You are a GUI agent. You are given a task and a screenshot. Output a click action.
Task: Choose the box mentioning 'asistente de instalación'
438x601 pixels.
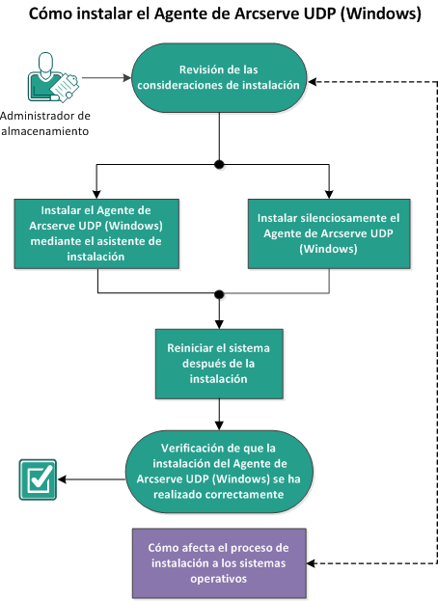(x=96, y=232)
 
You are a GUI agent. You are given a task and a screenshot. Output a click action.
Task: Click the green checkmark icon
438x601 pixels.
(x=37, y=479)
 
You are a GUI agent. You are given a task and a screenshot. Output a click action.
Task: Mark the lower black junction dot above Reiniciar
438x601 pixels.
(x=220, y=294)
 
